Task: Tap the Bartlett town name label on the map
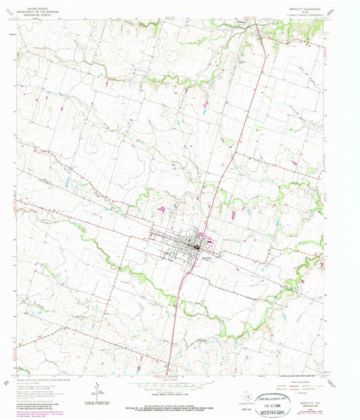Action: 207,257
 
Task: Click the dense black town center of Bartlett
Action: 199,245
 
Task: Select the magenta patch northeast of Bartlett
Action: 232,215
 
